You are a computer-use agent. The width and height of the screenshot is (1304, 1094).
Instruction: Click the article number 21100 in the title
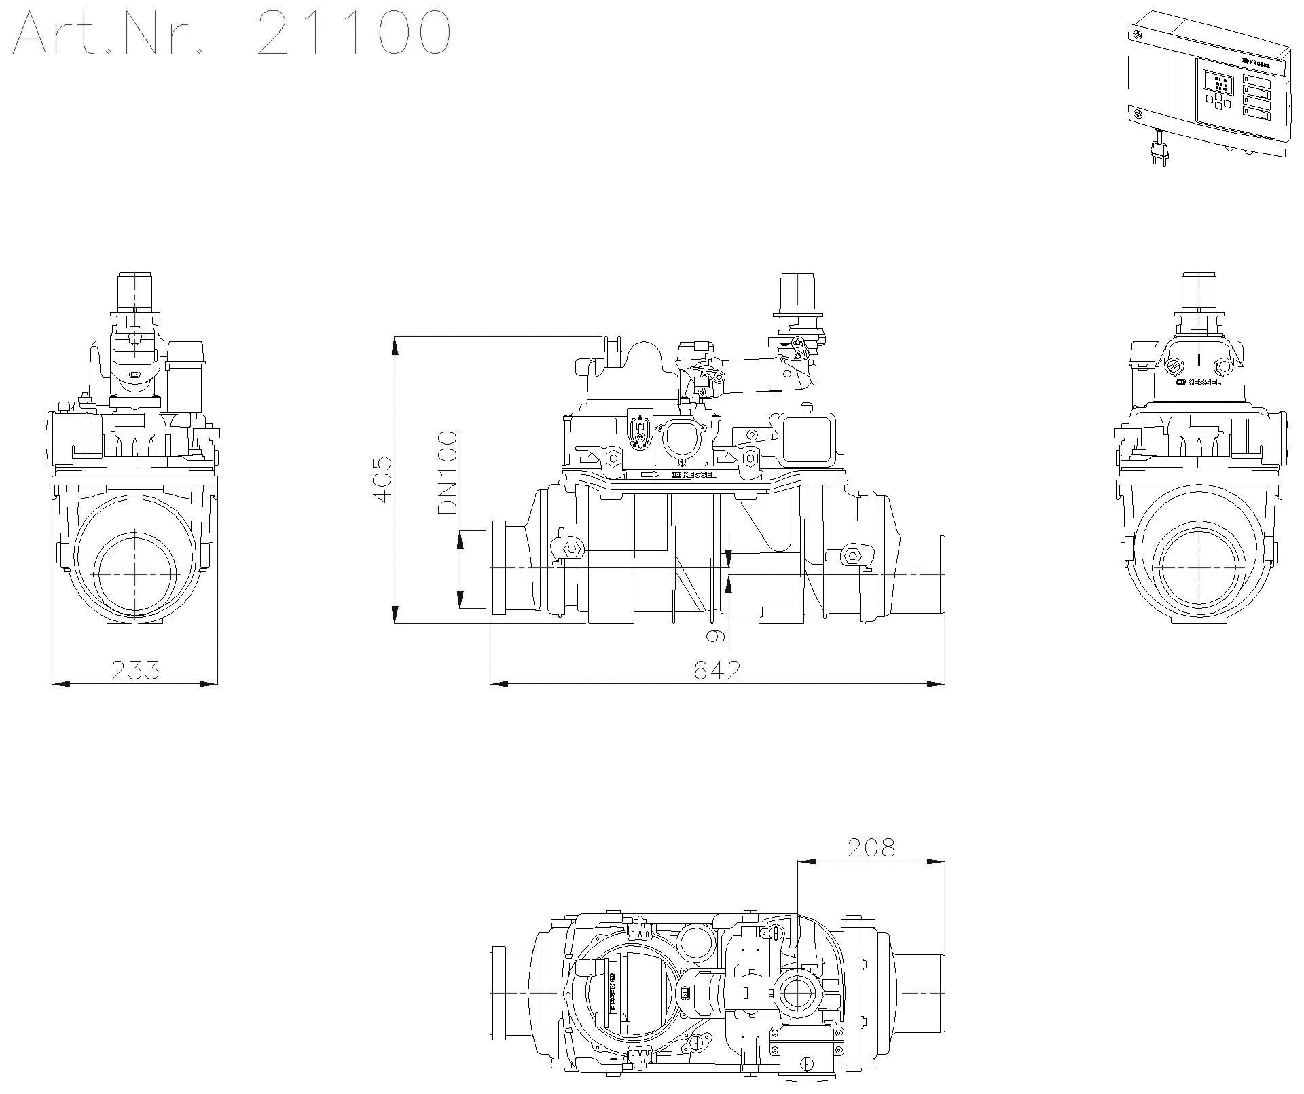tap(354, 33)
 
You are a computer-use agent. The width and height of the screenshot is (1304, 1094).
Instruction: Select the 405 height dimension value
tap(382, 479)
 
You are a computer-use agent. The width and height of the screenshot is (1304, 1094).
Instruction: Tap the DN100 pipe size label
tap(448, 472)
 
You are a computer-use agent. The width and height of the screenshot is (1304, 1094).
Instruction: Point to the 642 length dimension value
tap(717, 671)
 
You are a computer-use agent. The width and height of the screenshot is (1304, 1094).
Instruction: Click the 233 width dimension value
tap(135, 671)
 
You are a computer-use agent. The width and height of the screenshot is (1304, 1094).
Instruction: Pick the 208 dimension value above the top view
tap(871, 848)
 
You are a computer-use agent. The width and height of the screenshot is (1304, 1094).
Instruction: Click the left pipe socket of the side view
tap(499, 569)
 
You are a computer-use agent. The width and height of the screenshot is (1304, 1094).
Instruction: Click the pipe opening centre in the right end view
tap(1199, 574)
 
